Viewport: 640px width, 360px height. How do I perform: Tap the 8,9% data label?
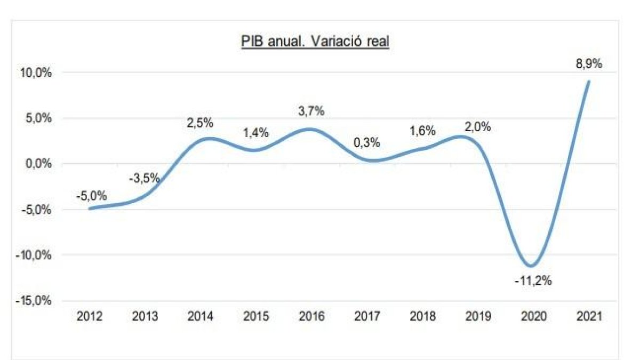pos(589,64)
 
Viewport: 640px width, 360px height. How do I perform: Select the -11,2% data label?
pos(533,281)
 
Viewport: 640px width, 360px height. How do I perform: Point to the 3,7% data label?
pos(311,111)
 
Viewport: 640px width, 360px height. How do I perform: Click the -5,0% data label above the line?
pos(90,195)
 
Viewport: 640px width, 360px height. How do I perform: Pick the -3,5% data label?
pos(145,178)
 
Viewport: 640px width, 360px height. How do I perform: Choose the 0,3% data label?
pos(367,142)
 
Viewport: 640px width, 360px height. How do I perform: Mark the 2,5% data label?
pos(200,123)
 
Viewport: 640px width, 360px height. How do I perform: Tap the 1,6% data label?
pos(423,131)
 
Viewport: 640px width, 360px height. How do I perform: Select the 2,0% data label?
pos(478,127)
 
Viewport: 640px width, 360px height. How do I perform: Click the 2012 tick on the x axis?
pos(90,316)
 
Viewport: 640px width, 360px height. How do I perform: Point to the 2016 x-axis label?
pos(311,316)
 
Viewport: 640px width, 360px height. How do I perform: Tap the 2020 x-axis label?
pos(533,316)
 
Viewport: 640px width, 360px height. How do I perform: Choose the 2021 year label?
pos(589,316)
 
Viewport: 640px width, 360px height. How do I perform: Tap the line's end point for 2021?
pos(588,82)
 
